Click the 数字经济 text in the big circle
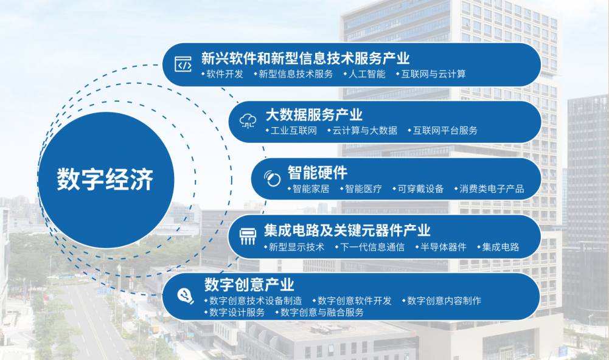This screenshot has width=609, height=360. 105,179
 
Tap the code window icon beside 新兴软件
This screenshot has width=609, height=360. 183,64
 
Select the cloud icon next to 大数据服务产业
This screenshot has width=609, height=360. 248,121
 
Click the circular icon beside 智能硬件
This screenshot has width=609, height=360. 273,178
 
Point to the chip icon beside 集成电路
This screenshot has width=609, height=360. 248,237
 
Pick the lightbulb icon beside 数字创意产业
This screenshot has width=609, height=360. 186,296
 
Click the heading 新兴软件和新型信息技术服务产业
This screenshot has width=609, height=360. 305,58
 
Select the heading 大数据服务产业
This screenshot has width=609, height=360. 314,115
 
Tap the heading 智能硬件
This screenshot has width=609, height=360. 318,173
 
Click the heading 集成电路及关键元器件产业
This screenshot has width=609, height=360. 347,230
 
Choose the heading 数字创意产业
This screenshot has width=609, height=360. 249,285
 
